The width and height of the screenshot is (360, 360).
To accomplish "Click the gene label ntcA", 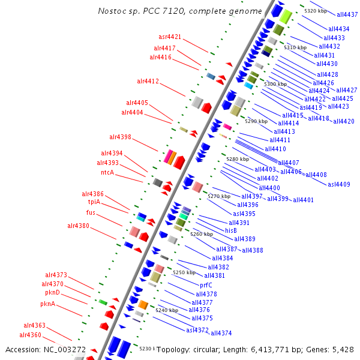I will [107, 172].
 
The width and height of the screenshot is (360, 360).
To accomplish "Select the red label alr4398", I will [120, 137].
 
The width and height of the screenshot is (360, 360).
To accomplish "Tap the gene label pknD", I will [53, 292].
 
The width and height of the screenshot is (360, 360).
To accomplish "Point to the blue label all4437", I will [347, 14].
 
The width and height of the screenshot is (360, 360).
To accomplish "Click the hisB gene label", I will [231, 230].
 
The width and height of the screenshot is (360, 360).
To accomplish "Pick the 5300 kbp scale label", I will [275, 84].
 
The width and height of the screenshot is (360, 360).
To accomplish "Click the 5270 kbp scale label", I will [219, 196].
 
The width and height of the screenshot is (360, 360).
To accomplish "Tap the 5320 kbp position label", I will [316, 11].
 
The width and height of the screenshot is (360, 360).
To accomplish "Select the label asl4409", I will [339, 184].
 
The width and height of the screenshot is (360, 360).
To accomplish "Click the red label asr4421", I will [170, 37].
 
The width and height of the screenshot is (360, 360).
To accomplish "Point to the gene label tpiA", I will [94, 202].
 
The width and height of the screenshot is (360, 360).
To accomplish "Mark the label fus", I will [91, 212].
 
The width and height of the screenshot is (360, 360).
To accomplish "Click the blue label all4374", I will [221, 333].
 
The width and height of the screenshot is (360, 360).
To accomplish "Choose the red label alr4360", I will [31, 335].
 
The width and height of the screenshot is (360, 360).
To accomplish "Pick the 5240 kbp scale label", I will [167, 310].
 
